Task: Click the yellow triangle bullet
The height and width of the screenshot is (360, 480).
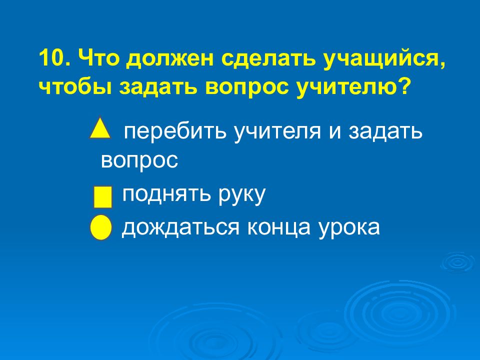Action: tap(100, 129)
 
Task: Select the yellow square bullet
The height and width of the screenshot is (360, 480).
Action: tap(103, 197)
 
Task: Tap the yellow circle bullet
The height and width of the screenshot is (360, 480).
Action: tap(100, 228)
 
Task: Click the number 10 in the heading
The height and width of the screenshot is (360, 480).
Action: tap(53, 60)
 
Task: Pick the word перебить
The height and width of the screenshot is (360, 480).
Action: tap(175, 132)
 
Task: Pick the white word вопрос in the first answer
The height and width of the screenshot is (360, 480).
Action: tap(139, 160)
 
